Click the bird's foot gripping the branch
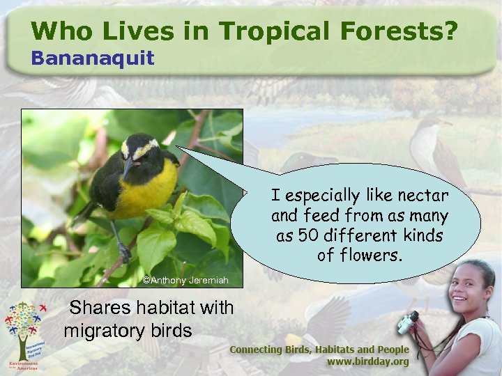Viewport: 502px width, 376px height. click(x=125, y=253)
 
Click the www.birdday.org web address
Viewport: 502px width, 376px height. click(x=368, y=362)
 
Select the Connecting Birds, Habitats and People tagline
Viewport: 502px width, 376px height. click(x=319, y=349)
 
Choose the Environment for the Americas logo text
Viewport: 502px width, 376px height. click(x=24, y=365)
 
